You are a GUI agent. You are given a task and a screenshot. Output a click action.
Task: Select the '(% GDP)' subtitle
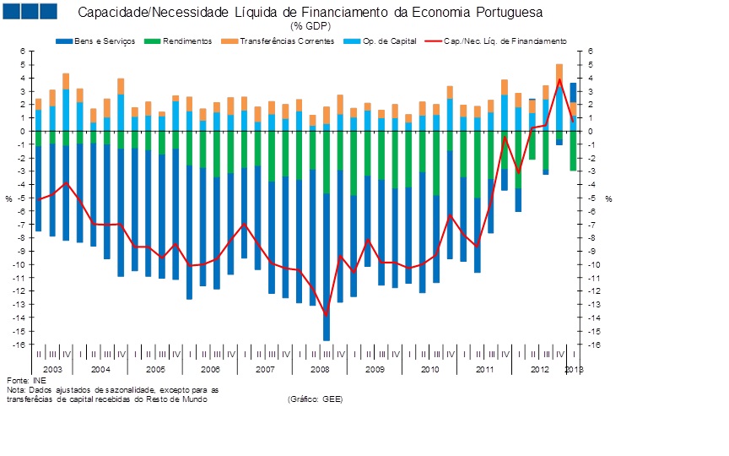point(310,26)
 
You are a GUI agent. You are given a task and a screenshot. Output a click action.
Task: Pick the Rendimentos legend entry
point(181,41)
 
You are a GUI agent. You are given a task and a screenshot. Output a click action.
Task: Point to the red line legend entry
point(498,41)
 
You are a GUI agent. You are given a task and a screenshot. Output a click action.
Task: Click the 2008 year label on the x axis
point(320,370)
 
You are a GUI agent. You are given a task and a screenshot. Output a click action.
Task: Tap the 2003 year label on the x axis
point(52,370)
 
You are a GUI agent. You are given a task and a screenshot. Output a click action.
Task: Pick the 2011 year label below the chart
point(484,370)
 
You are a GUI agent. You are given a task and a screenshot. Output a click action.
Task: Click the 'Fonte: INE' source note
point(23,381)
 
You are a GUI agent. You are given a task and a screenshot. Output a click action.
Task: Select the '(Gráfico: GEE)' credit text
point(315,399)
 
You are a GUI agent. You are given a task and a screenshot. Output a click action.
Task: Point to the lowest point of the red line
point(327,315)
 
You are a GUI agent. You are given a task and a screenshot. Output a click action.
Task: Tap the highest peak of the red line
point(559,79)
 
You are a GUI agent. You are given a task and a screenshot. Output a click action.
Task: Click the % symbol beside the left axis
point(8,198)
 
